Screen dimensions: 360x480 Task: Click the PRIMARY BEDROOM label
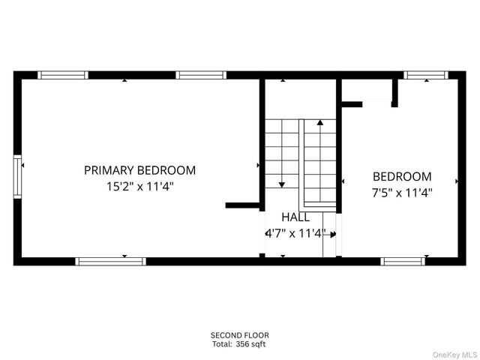pos(139,170)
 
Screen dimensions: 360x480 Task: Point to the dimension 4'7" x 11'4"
pos(295,233)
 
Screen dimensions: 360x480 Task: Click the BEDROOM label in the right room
pos(402,177)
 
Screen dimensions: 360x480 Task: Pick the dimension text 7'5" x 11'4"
pos(402,192)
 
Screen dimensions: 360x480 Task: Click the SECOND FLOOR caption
pos(239,335)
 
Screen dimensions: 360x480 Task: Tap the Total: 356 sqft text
pos(239,344)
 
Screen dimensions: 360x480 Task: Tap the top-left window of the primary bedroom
pos(63,75)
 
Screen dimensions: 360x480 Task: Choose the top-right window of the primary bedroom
pos(201,75)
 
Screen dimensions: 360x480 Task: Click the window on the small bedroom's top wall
pos(425,75)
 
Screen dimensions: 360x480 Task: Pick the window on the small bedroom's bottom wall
pos(403,261)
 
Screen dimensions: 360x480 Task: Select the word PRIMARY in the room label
pos(109,170)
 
